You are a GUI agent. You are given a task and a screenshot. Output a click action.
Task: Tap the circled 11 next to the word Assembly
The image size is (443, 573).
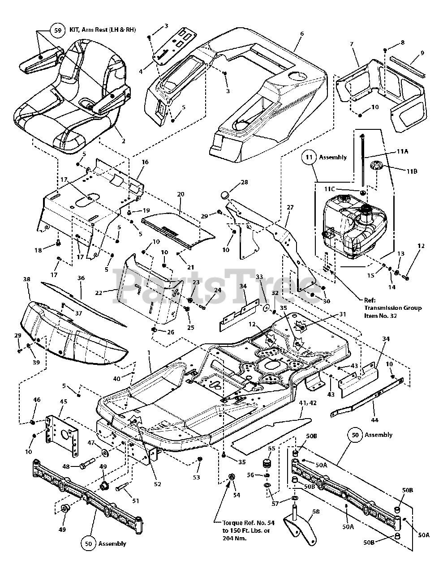(309, 157)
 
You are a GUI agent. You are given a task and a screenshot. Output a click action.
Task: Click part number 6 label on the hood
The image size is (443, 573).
(302, 34)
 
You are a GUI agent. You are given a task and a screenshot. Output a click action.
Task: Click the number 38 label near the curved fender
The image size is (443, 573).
(27, 279)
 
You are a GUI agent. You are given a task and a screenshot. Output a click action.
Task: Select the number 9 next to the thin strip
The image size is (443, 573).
(422, 52)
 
